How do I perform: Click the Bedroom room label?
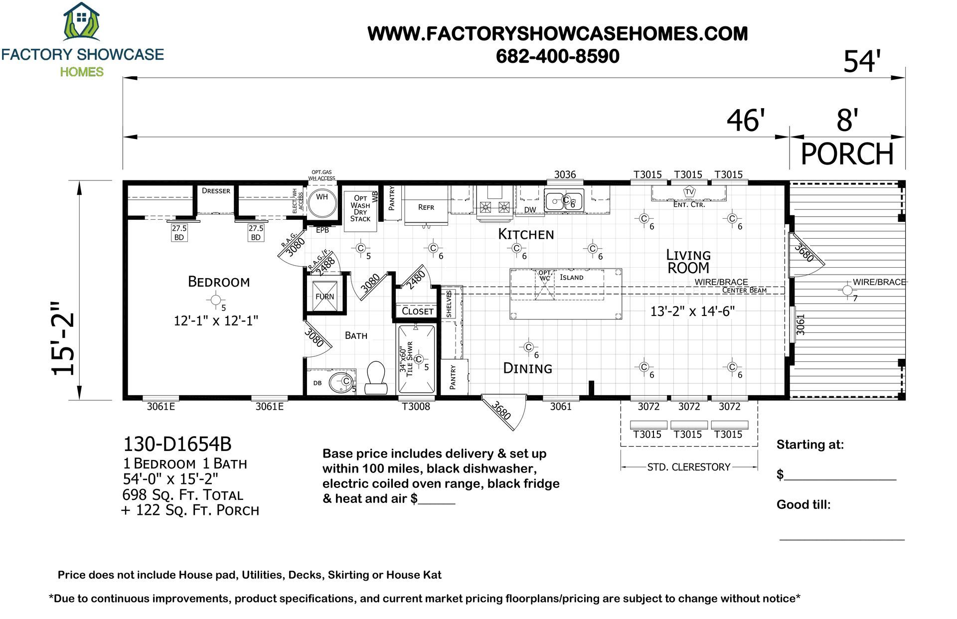[219, 282]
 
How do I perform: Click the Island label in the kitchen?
[571, 277]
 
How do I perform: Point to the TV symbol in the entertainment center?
[689, 192]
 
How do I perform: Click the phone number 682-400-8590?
[558, 56]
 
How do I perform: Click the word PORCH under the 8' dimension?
[847, 154]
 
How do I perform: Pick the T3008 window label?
[416, 407]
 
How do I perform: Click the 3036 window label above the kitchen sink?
[565, 174]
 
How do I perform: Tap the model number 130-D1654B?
[177, 444]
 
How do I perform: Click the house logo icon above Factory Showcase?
[82, 21]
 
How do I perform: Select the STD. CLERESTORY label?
[689, 467]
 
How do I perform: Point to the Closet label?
[418, 311]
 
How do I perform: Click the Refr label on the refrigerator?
[426, 207]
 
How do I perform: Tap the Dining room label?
[528, 368]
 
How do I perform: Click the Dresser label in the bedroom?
[216, 191]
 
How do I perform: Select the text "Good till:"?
[803, 505]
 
